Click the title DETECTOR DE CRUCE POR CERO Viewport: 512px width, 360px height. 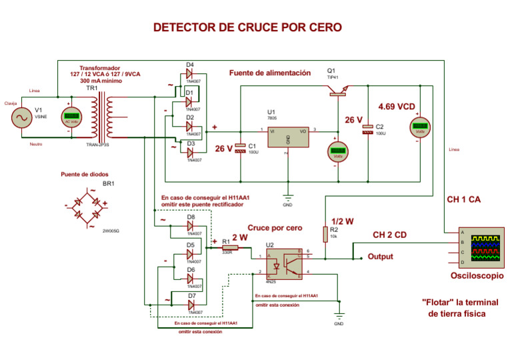click(x=247, y=27)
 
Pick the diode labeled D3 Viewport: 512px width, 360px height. click(x=189, y=151)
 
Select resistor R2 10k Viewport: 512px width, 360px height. click(x=325, y=234)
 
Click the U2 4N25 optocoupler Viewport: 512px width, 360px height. click(x=287, y=263)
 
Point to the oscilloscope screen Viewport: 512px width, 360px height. click(x=485, y=247)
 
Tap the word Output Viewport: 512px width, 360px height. click(x=381, y=257)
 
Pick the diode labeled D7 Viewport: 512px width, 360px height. click(x=189, y=304)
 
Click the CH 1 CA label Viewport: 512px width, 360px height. click(x=464, y=199)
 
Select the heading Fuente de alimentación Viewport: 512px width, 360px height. click(x=270, y=73)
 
